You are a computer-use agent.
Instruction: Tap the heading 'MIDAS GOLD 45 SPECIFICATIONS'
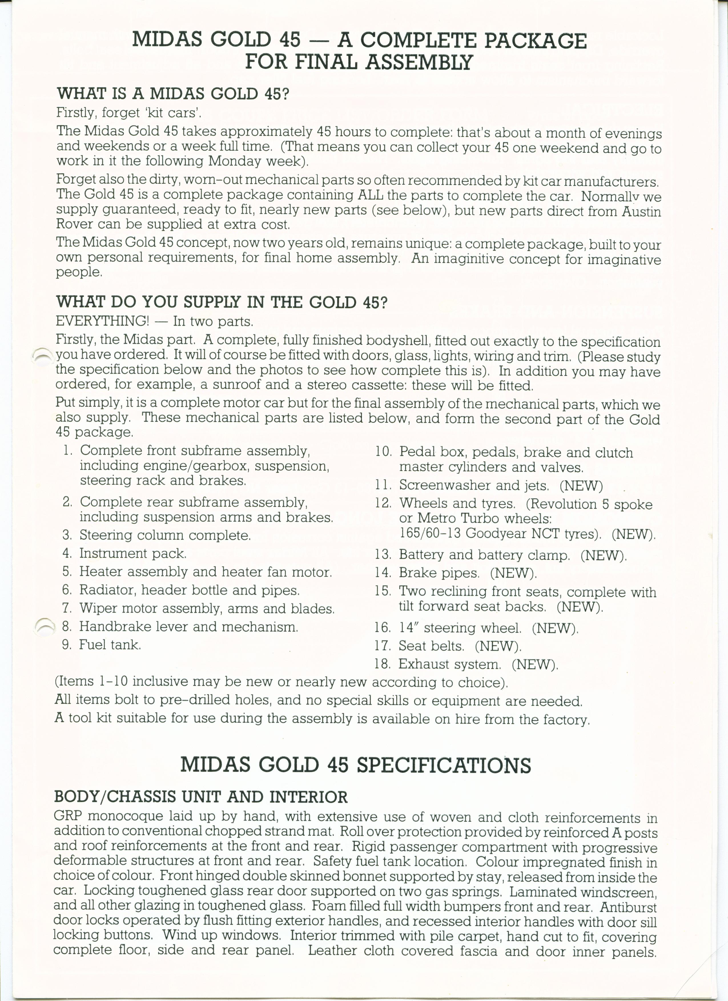pyautogui.click(x=355, y=765)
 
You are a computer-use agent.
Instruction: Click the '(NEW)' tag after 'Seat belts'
pyautogui.click(x=498, y=646)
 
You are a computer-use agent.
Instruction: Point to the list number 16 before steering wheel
pyautogui.click(x=383, y=628)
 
